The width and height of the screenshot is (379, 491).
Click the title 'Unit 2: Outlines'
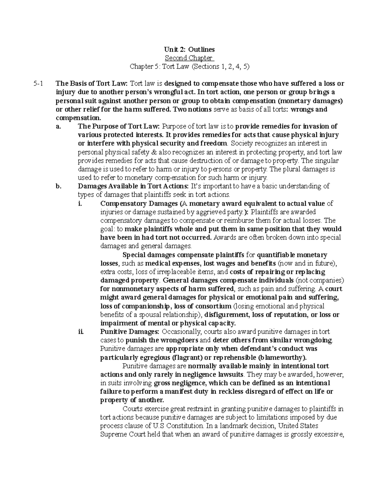tap(189, 49)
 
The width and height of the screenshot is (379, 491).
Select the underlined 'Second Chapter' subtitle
tap(189, 58)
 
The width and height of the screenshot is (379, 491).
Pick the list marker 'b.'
tap(58, 186)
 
